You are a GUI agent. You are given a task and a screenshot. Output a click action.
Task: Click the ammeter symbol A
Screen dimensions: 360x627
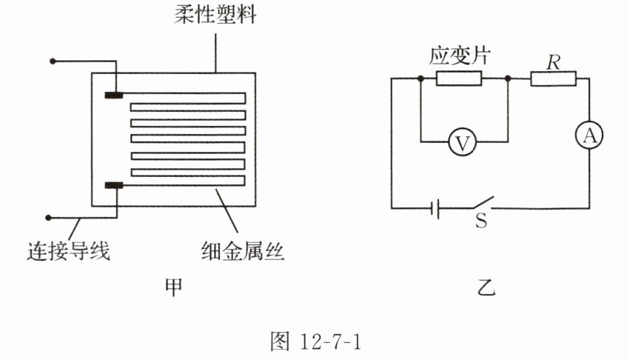pos(590,135)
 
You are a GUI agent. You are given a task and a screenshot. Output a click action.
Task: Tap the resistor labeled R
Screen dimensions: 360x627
pos(553,79)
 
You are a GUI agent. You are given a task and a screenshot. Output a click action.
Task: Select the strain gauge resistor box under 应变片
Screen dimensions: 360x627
pos(459,79)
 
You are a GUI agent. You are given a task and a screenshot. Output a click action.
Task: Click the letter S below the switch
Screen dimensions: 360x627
pos(481,222)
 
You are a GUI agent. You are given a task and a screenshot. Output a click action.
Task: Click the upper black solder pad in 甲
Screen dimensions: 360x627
pos(114,94)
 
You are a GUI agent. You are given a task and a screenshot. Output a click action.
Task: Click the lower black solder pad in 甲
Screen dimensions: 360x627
pos(114,184)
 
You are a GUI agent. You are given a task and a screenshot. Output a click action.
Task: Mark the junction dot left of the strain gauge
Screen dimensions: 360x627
pos(420,79)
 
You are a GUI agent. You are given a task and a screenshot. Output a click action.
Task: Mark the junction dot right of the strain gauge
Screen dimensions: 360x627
pos(508,79)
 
